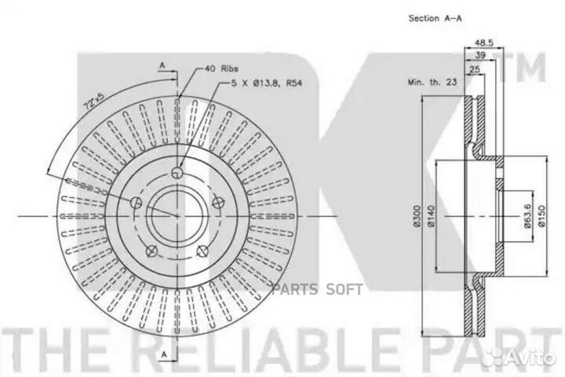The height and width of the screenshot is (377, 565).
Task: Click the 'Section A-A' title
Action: pos(435,18)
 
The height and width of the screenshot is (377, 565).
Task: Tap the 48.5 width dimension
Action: pos(483,42)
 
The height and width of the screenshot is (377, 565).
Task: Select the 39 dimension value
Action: pos(480,55)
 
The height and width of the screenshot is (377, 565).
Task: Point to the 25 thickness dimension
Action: pos(475,68)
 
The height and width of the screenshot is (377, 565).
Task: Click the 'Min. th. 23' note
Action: pos(432,82)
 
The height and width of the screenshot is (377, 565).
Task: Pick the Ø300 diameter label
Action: pos(417,216)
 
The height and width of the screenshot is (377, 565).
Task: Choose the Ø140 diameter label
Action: pos(432,216)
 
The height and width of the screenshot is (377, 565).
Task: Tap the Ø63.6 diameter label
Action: pos(527,216)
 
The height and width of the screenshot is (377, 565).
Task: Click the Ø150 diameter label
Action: pos(542,216)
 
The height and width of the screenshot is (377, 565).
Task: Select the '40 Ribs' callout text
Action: pos(221,68)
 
